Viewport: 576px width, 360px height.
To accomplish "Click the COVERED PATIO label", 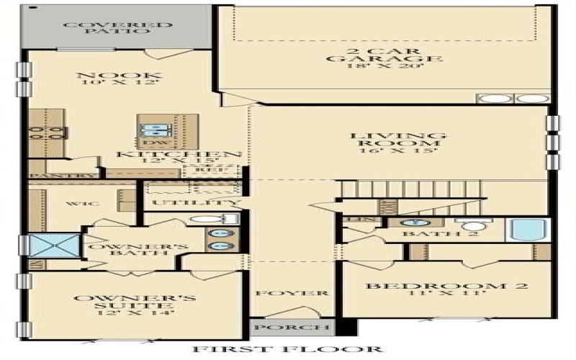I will (117, 28).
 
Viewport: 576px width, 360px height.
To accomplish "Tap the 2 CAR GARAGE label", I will (383, 55).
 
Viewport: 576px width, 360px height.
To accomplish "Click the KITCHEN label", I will (179, 154).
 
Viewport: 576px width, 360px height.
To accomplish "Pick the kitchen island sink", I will (154, 130).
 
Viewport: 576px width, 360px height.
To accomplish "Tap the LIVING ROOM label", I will (398, 141).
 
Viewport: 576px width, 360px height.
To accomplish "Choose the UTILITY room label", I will (194, 204).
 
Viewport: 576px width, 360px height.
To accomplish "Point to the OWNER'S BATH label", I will (138, 251).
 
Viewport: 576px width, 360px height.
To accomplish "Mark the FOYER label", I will (291, 293).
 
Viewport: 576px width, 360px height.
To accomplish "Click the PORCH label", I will (291, 328).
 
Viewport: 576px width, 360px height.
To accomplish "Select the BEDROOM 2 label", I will (446, 286).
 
